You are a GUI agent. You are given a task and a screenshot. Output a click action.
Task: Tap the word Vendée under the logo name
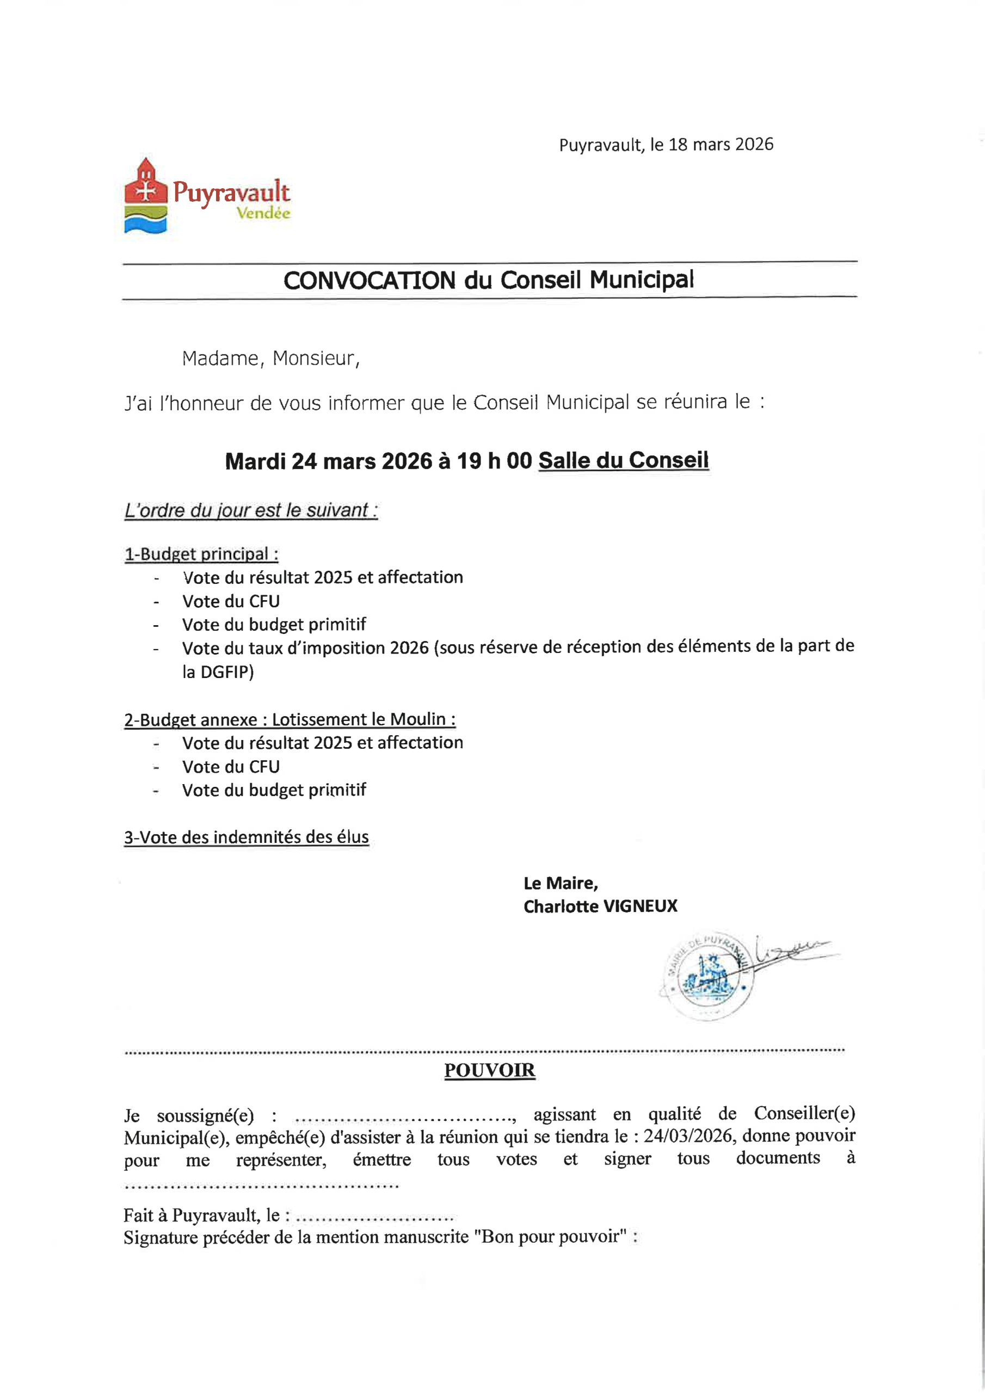tap(263, 213)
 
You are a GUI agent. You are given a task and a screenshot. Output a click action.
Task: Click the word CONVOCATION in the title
tap(369, 280)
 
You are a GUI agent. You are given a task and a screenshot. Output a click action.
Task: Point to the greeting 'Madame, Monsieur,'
tap(270, 359)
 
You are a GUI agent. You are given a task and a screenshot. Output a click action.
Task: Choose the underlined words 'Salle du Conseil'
tap(623, 460)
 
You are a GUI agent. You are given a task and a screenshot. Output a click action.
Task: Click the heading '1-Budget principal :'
tap(201, 554)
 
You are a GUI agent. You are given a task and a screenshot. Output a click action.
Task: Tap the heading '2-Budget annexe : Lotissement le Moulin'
tap(290, 719)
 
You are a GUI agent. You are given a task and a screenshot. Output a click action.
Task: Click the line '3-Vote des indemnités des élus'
tap(247, 837)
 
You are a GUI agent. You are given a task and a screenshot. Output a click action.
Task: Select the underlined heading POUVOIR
tap(489, 1070)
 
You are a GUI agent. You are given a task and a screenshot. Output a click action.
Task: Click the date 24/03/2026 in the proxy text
tap(688, 1136)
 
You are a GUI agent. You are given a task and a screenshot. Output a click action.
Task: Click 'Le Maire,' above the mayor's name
tap(560, 883)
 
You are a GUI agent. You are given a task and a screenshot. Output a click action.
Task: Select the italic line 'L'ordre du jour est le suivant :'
tap(251, 511)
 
